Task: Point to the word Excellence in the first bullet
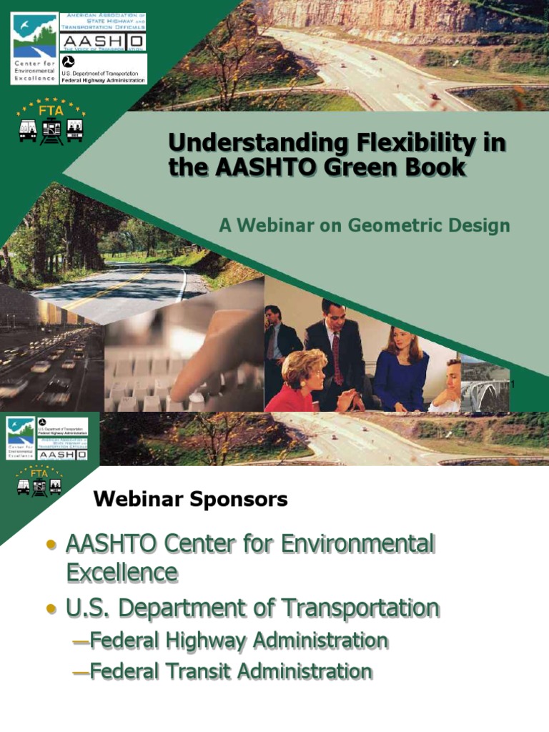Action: click(x=122, y=573)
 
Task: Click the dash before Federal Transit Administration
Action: click(x=81, y=672)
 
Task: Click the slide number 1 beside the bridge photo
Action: click(x=512, y=386)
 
